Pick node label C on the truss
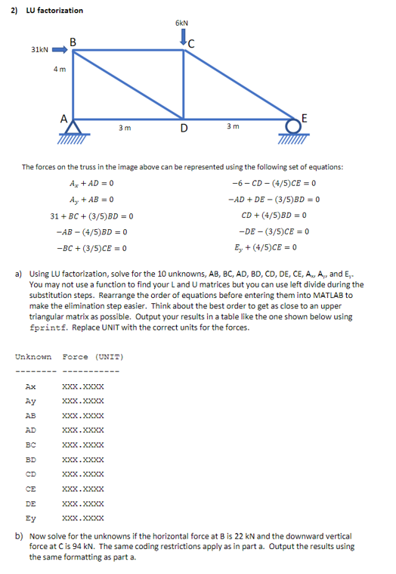click(192, 42)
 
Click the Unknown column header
click(33, 356)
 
